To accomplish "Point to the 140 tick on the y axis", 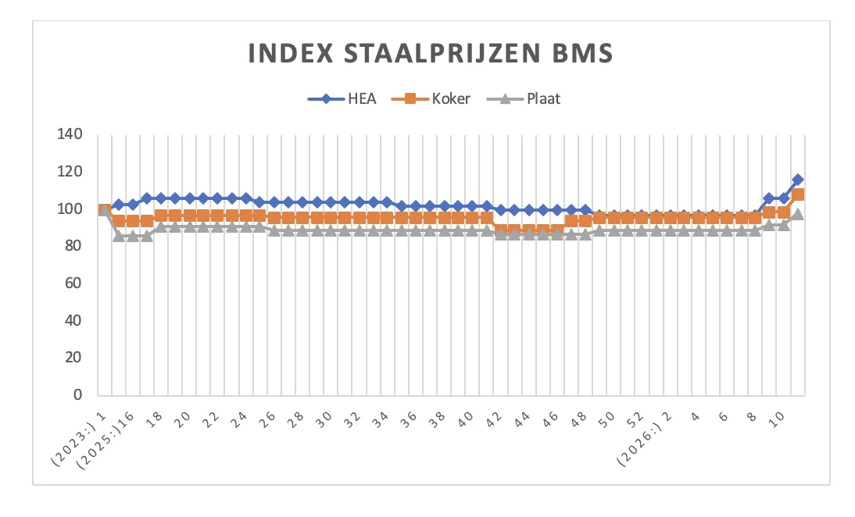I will [70, 134].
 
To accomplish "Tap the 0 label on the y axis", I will [77, 395].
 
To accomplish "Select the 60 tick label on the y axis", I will [73, 283].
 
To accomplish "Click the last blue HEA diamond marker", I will [797, 180].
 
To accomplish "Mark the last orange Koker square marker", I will [797, 194].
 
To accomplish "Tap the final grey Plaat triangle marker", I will [797, 214].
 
